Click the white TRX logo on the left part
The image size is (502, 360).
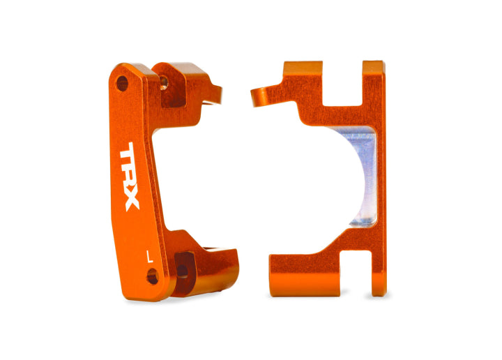click(x=130, y=178)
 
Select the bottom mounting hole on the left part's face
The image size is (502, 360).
click(x=153, y=278)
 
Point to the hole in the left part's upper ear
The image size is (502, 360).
click(x=165, y=82)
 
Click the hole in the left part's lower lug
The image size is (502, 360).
click(x=182, y=269)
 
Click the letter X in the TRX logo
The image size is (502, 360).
click(x=132, y=200)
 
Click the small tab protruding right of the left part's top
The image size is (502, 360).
click(x=215, y=92)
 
